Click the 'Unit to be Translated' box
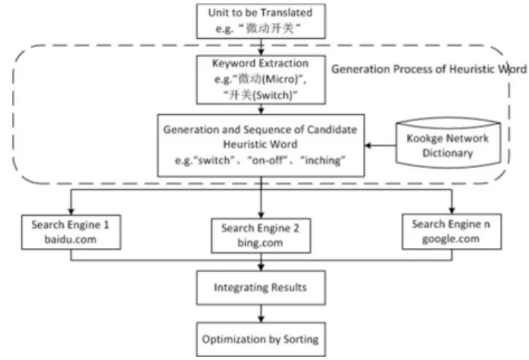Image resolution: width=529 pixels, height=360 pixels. tap(261, 21)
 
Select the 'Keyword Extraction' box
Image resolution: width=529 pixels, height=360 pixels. tap(261, 80)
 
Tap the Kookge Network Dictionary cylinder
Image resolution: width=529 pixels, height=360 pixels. tap(448, 143)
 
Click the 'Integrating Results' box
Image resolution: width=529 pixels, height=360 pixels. tap(261, 288)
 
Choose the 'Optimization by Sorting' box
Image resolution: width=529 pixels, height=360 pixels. tap(261, 339)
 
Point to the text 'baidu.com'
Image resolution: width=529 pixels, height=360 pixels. tap(70, 239)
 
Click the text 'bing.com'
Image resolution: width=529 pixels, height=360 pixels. tap(260, 243)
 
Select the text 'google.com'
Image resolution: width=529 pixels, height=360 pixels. tap(451, 239)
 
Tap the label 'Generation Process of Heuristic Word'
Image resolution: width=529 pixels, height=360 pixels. tap(429, 69)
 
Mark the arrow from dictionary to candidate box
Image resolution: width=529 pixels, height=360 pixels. tap(380, 146)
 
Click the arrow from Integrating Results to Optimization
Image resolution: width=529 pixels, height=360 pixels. tap(261, 314)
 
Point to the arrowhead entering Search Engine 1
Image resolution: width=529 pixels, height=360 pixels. tap(71, 211)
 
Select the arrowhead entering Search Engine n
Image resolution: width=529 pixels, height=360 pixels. tap(452, 211)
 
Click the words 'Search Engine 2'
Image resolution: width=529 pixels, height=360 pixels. tap(260, 229)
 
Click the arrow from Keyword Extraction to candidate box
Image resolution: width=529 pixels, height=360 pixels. tap(261, 109)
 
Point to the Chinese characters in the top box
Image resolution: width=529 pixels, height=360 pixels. tap(270, 28)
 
